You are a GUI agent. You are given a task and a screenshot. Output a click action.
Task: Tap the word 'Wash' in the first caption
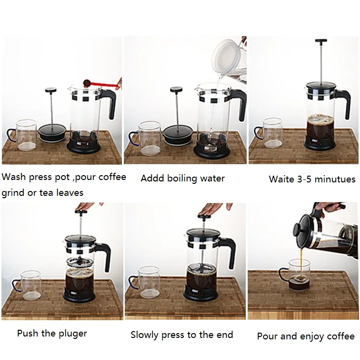[x=13, y=177]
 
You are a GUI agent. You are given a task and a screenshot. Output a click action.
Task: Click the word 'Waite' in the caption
[x=281, y=179]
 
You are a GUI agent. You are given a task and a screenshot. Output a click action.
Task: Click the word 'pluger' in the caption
[x=73, y=334]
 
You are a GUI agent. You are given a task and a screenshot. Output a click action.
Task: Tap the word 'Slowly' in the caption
[x=144, y=335]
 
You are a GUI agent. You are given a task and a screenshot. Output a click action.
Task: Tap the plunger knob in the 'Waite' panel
[x=321, y=41]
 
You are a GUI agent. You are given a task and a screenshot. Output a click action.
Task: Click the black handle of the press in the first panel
[x=109, y=102]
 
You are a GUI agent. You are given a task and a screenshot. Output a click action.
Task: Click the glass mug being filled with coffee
[x=296, y=275]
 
